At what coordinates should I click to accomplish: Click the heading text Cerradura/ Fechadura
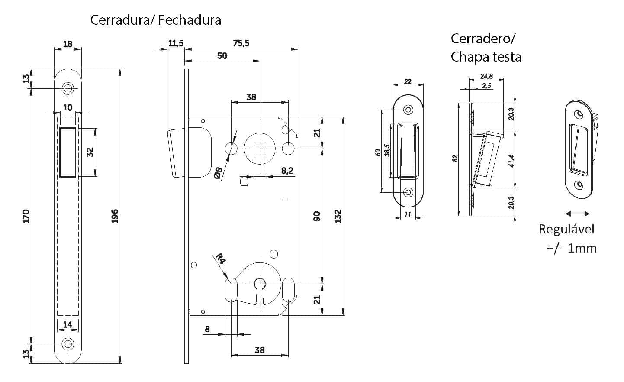click(x=155, y=20)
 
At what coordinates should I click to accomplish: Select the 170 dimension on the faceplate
click(x=26, y=216)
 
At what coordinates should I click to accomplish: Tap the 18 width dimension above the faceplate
click(x=68, y=44)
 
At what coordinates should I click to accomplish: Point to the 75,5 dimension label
click(x=241, y=43)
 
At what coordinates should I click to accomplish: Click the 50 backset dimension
click(x=222, y=56)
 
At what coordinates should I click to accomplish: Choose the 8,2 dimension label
click(x=287, y=171)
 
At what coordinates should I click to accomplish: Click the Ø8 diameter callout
click(x=218, y=173)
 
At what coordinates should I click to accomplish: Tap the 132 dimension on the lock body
click(x=338, y=216)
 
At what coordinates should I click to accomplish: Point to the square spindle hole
click(x=260, y=149)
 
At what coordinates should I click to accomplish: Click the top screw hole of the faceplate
click(x=68, y=88)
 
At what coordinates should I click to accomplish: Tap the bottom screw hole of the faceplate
click(x=68, y=343)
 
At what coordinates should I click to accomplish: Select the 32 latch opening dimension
click(x=90, y=152)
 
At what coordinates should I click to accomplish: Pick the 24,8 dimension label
click(x=486, y=76)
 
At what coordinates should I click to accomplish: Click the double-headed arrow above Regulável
click(x=577, y=214)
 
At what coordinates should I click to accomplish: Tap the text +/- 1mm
click(x=571, y=248)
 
